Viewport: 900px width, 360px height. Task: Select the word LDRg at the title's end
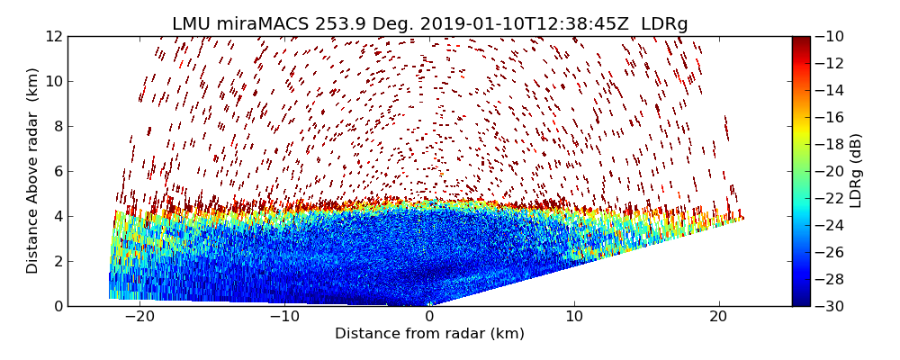664,24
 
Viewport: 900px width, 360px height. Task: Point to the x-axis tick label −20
139,317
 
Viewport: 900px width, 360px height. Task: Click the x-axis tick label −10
284,317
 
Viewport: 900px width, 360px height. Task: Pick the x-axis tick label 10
574,317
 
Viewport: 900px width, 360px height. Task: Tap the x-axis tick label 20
718,317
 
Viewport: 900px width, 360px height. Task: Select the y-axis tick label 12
53,36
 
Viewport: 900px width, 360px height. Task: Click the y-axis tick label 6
57,171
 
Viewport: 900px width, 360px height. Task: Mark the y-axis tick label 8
57,126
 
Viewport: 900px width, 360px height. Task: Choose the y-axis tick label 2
57,261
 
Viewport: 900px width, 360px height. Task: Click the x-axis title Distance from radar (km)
429,334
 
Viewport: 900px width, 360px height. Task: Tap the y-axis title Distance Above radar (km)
33,171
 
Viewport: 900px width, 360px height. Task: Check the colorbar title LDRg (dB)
856,171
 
